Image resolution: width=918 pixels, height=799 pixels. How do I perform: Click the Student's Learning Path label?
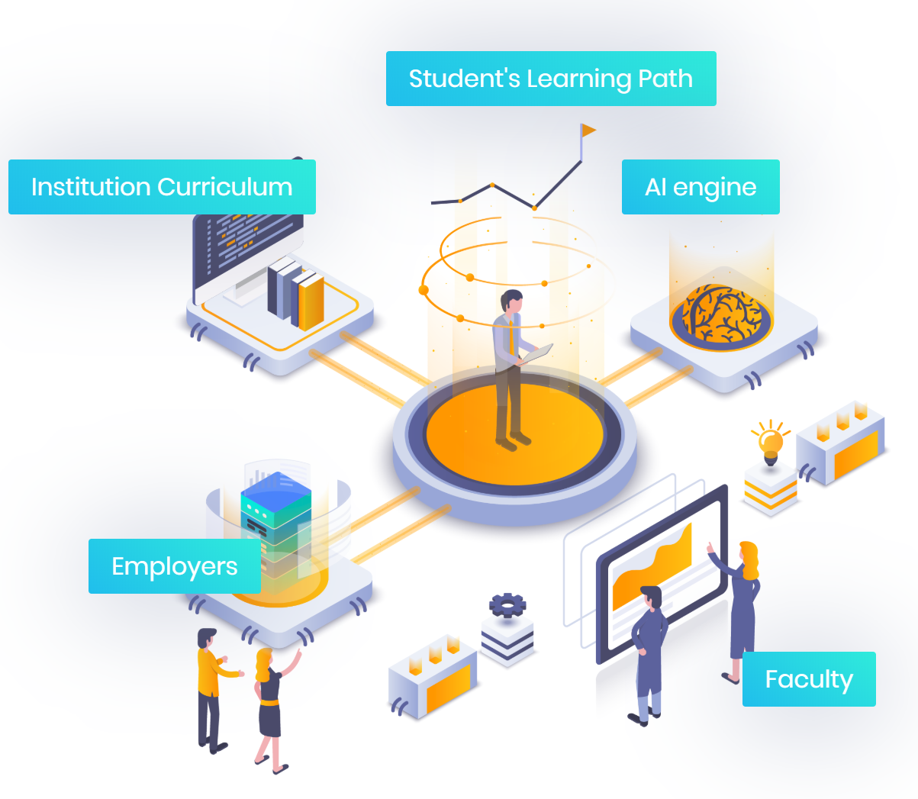[x=550, y=79]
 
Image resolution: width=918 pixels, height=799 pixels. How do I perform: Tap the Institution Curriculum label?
[x=162, y=187]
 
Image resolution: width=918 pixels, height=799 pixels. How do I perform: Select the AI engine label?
[x=701, y=187]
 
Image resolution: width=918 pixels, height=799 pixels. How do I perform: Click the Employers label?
[x=174, y=566]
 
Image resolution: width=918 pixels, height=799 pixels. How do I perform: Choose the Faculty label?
[x=809, y=679]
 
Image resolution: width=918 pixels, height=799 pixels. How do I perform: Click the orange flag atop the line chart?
[x=588, y=130]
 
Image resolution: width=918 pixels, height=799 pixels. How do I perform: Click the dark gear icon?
[x=507, y=604]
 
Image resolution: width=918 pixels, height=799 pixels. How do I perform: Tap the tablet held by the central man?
[x=536, y=354]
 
